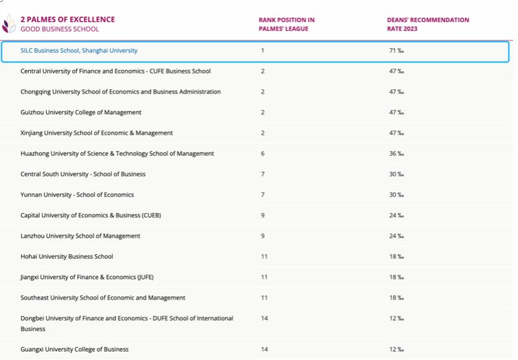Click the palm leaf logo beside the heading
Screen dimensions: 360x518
(x=9, y=25)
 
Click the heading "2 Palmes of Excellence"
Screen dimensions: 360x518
(x=68, y=20)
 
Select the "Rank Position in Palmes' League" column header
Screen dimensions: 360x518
(x=286, y=24)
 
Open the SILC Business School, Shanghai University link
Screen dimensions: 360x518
(x=79, y=51)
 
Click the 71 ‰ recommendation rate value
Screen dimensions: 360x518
(x=396, y=51)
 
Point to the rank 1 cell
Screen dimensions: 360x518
(x=262, y=51)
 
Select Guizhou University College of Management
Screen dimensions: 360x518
(x=81, y=113)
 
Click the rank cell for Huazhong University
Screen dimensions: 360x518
(x=262, y=154)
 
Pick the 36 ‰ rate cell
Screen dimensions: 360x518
(x=396, y=154)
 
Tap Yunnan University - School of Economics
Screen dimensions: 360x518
(x=77, y=195)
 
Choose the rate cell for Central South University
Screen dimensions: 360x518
(x=396, y=175)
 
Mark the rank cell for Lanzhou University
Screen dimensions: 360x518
(x=263, y=236)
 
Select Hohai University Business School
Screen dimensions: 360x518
(x=67, y=257)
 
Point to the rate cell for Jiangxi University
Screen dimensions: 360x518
(x=396, y=278)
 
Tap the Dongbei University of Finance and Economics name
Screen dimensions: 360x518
(x=126, y=319)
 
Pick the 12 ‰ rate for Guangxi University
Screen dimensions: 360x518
(x=396, y=350)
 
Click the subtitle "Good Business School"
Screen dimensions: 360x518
(x=60, y=30)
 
